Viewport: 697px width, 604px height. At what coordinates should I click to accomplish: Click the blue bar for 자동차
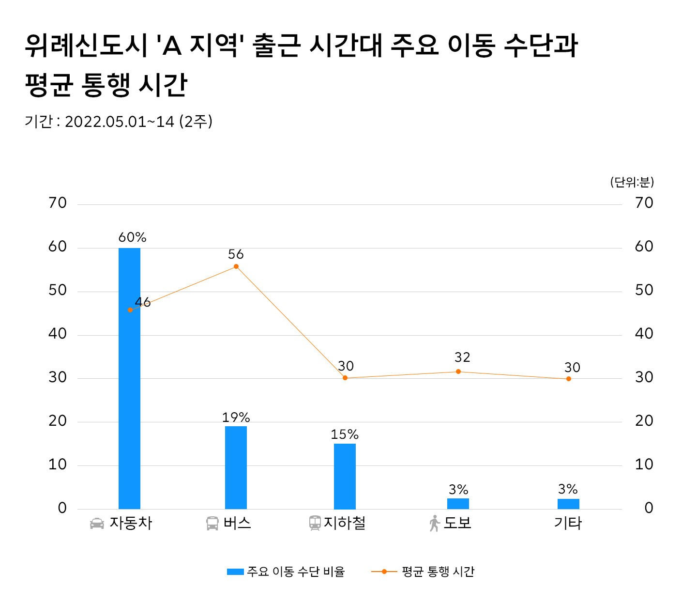pos(129,378)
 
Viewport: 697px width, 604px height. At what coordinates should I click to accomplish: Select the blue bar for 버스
pos(236,467)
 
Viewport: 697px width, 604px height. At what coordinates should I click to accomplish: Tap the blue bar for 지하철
pos(345,476)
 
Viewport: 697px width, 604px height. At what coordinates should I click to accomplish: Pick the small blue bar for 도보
pos(458,504)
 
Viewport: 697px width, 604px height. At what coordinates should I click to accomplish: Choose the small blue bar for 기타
pos(568,504)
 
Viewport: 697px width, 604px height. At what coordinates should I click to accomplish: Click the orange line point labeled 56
pos(236,266)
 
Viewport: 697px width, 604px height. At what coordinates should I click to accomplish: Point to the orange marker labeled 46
pos(130,310)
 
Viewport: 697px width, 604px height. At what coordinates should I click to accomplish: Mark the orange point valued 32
pos(458,372)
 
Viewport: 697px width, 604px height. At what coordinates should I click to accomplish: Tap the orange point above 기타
pos(569,379)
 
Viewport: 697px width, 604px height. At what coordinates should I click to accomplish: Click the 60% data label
pos(132,237)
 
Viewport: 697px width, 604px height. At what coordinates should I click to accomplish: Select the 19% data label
pos(236,417)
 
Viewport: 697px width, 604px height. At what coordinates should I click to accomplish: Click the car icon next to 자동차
pos(97,524)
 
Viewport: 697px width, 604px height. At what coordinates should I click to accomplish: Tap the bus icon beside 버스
pos(212,524)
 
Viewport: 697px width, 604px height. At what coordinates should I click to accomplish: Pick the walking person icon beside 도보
pos(434,524)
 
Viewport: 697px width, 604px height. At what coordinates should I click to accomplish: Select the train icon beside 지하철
pos(315,523)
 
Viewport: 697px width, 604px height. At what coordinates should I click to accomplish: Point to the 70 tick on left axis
pos(58,203)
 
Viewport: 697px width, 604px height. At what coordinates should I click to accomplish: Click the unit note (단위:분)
pos(632,182)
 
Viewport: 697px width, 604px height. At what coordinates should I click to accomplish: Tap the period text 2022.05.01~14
pos(119,122)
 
